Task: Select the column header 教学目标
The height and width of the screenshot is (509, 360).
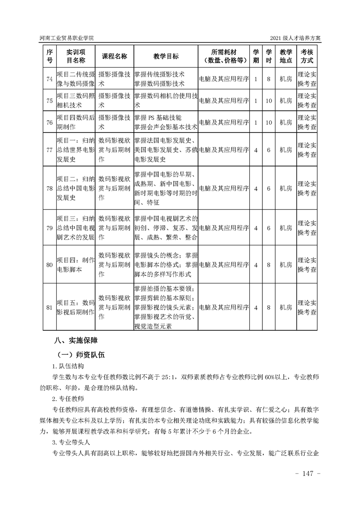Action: point(166,56)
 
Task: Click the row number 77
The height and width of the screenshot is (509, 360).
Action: point(49,149)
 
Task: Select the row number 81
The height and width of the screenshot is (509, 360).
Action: point(49,307)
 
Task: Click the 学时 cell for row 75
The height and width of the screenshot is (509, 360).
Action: point(269,101)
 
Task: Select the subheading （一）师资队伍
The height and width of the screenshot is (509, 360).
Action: point(79,354)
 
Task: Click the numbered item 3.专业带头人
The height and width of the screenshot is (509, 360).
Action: point(71,442)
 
